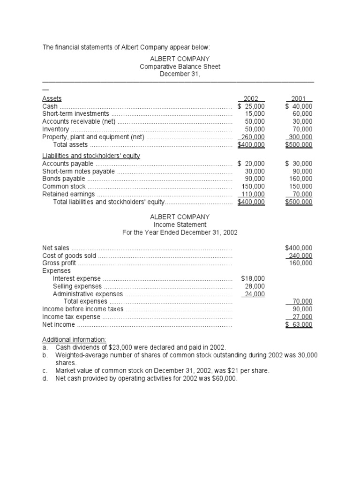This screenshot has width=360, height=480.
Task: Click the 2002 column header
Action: (x=251, y=99)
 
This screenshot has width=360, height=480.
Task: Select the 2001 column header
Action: (x=299, y=99)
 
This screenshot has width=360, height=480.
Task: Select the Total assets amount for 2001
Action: (x=299, y=145)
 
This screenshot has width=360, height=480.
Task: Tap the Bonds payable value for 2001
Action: (x=300, y=179)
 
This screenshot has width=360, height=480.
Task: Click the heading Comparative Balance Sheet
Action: (x=180, y=67)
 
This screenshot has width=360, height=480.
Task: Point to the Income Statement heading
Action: (x=180, y=225)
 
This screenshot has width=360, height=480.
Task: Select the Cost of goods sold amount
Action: (x=300, y=255)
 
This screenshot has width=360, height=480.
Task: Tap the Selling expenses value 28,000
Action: (x=255, y=286)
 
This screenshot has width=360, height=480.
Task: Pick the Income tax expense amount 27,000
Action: (x=302, y=316)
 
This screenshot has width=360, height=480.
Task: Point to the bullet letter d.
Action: (x=45, y=378)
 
